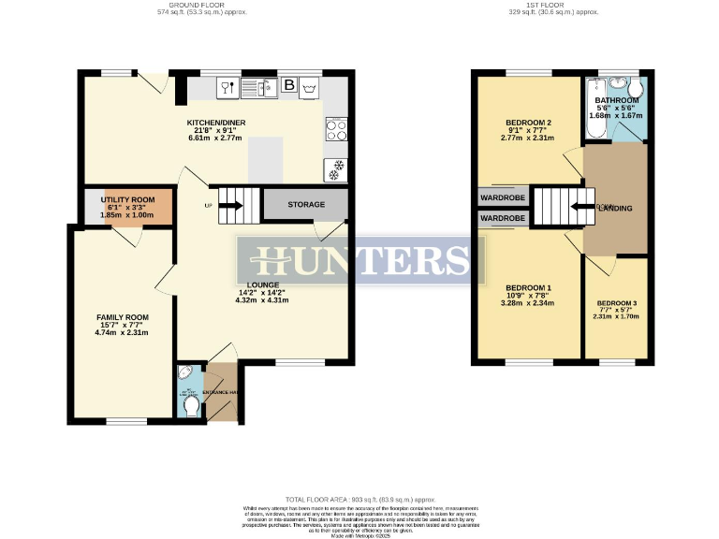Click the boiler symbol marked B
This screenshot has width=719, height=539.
(x=288, y=87)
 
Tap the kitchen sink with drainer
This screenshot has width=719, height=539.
(x=257, y=88)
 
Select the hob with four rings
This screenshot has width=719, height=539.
(x=335, y=130)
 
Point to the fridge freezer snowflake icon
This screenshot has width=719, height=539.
(x=335, y=169)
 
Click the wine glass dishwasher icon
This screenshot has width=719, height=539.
(x=227, y=88)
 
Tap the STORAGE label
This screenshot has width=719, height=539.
(x=306, y=204)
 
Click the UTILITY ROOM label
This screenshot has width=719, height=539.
(x=126, y=200)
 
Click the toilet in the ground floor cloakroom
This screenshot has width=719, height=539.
(x=191, y=406)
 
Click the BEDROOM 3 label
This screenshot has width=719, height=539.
(x=616, y=303)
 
